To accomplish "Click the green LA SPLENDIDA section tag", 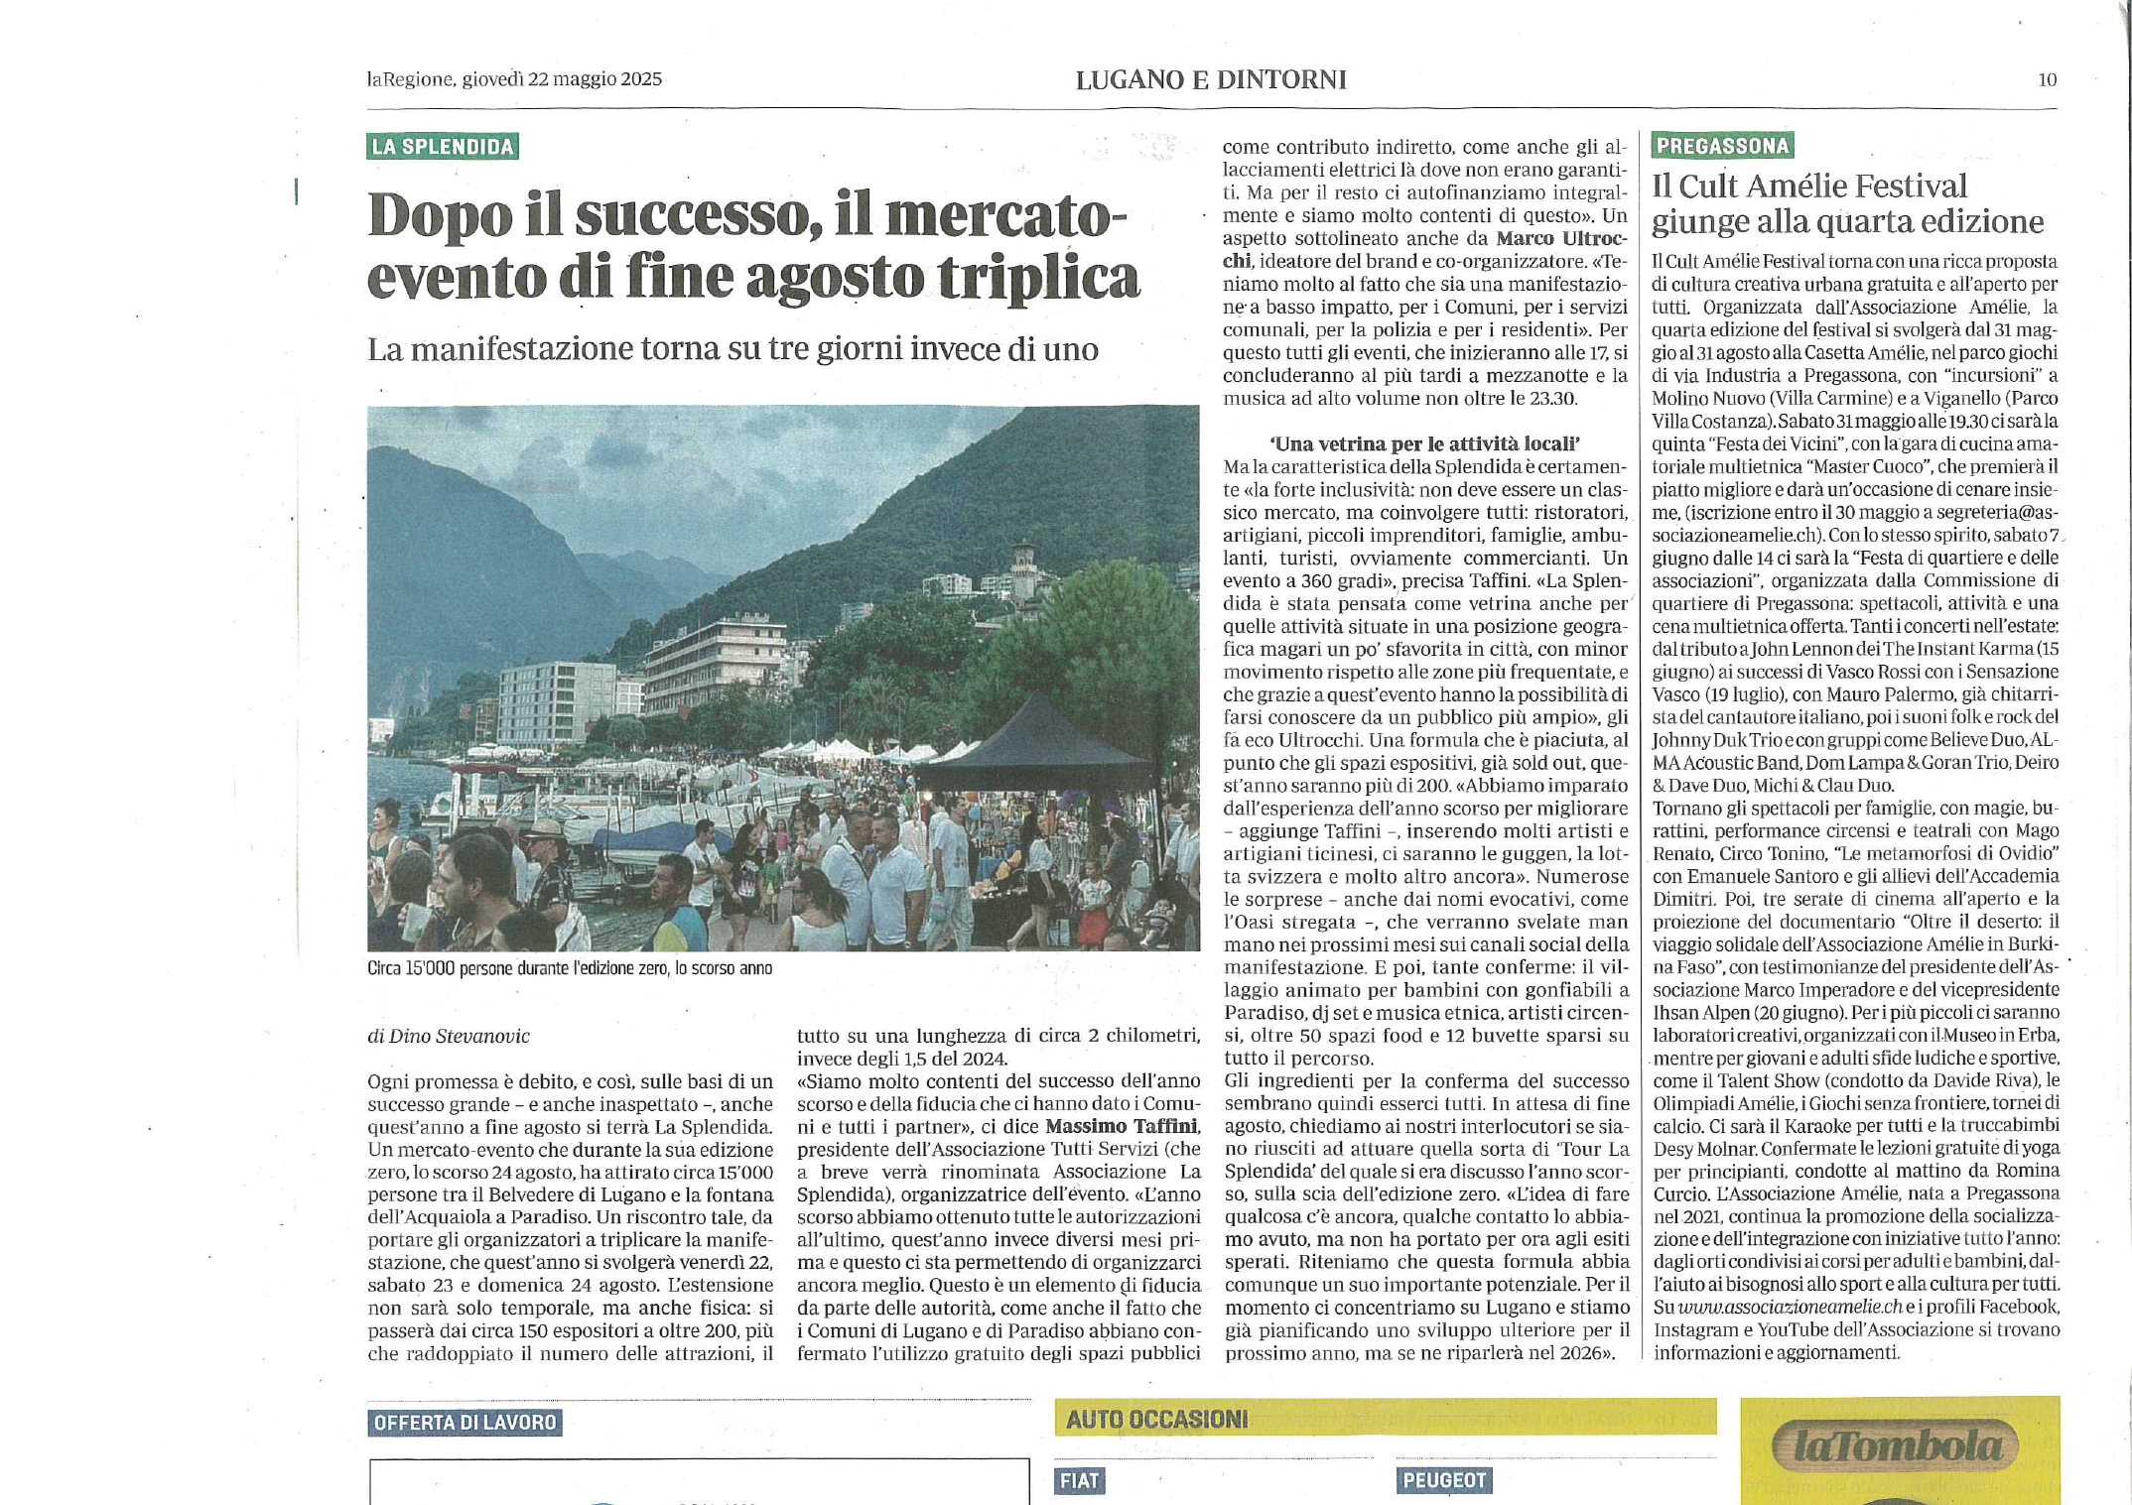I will [442, 147].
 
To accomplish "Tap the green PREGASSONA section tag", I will [1722, 146].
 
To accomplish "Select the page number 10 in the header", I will [2047, 80].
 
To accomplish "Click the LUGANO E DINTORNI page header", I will [1211, 79].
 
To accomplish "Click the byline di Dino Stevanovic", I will [449, 1036].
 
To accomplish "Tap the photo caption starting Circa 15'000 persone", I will [569, 968].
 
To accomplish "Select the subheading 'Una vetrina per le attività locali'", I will [1424, 443].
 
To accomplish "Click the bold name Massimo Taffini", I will [1122, 1127].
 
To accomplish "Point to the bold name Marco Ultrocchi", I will [1560, 239].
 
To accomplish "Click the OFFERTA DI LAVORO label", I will [465, 1423].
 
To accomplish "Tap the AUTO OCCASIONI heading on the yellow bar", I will [1156, 1420].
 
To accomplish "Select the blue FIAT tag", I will [1079, 1480].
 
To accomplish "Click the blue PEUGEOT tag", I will [1444, 1480].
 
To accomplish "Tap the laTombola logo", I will [1896, 1445].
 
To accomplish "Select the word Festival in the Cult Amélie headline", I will [1901, 187].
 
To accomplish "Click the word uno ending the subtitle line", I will [1070, 349].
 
